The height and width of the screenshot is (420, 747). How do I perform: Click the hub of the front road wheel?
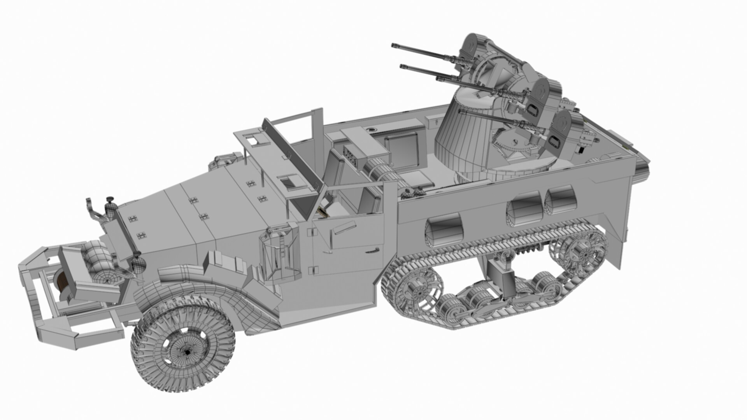click(x=187, y=351)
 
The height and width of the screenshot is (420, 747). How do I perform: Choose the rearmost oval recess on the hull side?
click(x=560, y=199)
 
